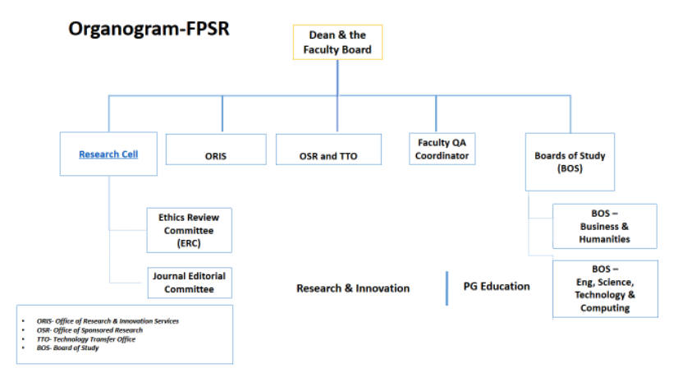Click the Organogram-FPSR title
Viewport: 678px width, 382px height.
pyautogui.click(x=148, y=30)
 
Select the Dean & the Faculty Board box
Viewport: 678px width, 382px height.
pyautogui.click(x=338, y=43)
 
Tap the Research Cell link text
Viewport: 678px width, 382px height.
pyautogui.click(x=107, y=154)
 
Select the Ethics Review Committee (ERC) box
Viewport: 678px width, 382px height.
pyautogui.click(x=189, y=230)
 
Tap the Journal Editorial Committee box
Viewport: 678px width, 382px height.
pyautogui.click(x=189, y=283)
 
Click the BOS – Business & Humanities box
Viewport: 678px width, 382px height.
pyautogui.click(x=605, y=226)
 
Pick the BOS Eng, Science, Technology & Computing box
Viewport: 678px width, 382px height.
pyautogui.click(x=605, y=288)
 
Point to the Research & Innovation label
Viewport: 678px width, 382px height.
pyautogui.click(x=353, y=288)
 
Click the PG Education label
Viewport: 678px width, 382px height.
pyautogui.click(x=492, y=287)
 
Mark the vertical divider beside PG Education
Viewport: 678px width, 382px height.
pyautogui.click(x=447, y=288)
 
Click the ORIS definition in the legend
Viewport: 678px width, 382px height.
pyautogui.click(x=108, y=321)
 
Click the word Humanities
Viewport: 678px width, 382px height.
pyautogui.click(x=605, y=239)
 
